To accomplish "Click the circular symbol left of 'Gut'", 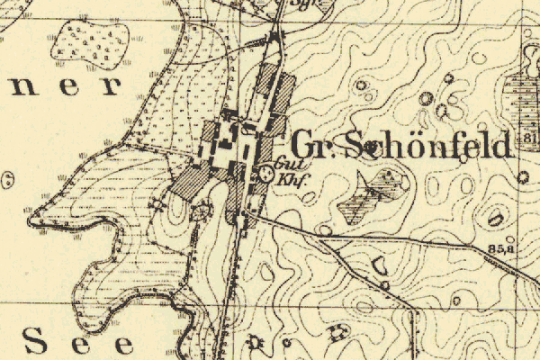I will [x=265, y=172].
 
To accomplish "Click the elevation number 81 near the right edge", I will [x=527, y=137].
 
